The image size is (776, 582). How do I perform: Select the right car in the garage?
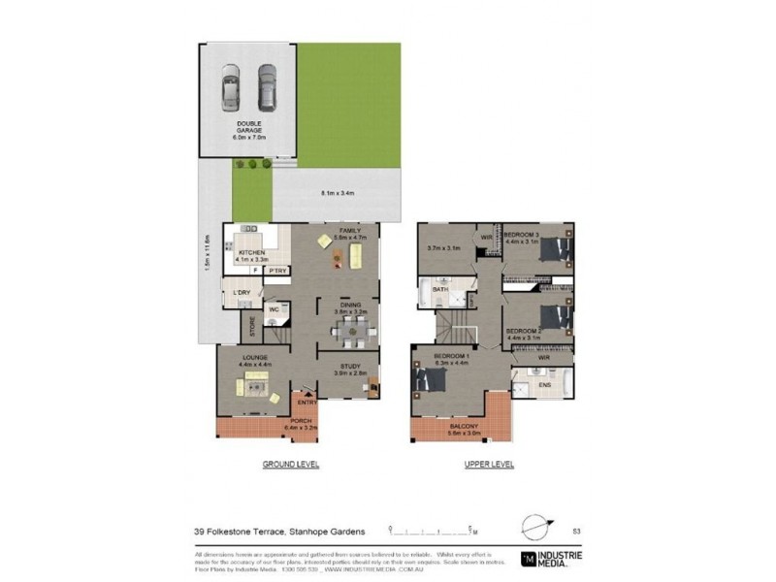[x=267, y=87]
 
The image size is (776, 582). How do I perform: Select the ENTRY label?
[x=307, y=403]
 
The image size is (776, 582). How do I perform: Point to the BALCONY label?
[x=462, y=426]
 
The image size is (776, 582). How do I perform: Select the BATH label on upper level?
[x=439, y=289]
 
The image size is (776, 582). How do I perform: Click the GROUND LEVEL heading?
[x=291, y=465]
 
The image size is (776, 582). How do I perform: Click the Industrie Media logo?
[x=551, y=559]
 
